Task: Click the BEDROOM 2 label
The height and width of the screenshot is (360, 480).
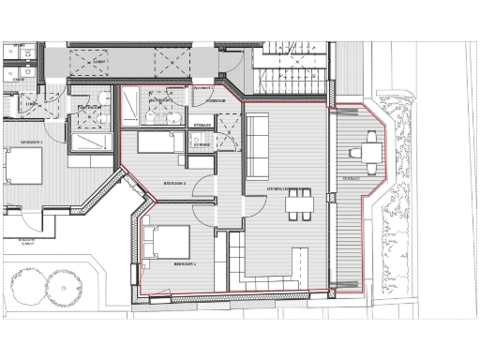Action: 175,182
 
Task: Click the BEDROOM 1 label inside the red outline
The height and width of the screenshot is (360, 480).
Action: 184,264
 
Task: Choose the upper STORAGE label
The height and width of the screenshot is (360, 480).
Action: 202,124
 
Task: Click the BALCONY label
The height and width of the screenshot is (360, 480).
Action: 13,240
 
